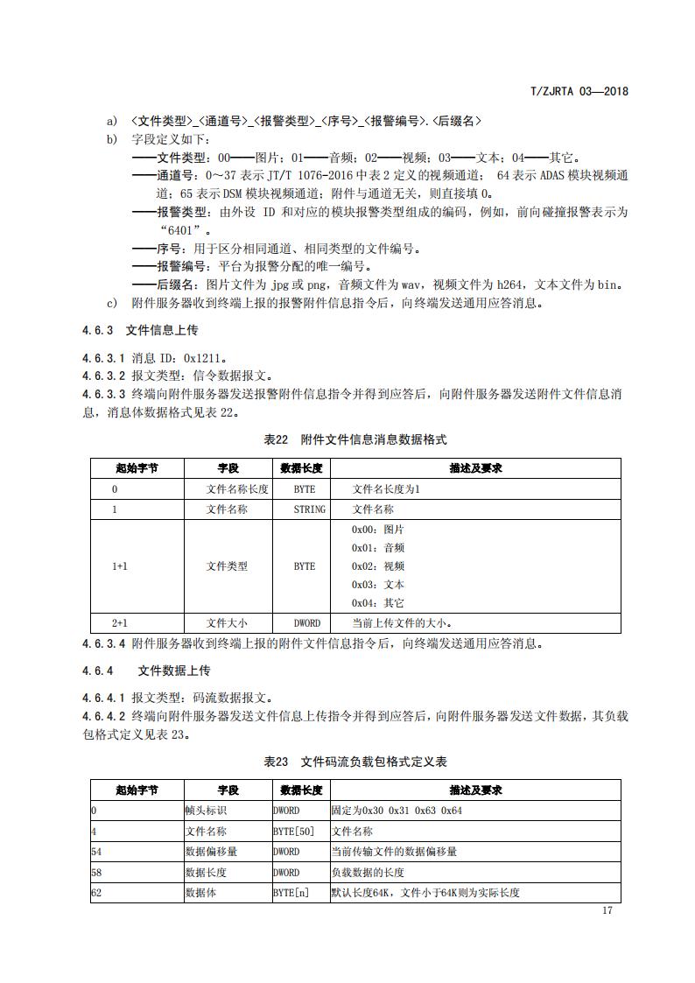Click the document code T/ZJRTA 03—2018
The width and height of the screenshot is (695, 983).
point(580,90)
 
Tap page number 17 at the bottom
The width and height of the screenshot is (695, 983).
point(607,910)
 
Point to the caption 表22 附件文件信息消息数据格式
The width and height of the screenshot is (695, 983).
point(355,439)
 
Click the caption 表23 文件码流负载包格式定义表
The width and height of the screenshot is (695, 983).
point(355,762)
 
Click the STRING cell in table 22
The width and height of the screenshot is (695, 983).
point(309,509)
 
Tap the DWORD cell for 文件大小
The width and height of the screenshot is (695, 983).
point(306,623)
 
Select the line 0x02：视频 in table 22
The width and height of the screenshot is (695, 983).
point(378,566)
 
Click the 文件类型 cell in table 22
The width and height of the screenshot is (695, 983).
point(227,566)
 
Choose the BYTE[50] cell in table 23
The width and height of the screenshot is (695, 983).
point(293,832)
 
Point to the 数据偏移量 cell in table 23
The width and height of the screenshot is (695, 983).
point(211,852)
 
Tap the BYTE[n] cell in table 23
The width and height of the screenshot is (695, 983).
point(291,893)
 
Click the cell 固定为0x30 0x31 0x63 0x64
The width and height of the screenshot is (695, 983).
point(397,811)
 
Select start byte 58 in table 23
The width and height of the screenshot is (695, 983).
point(95,873)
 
